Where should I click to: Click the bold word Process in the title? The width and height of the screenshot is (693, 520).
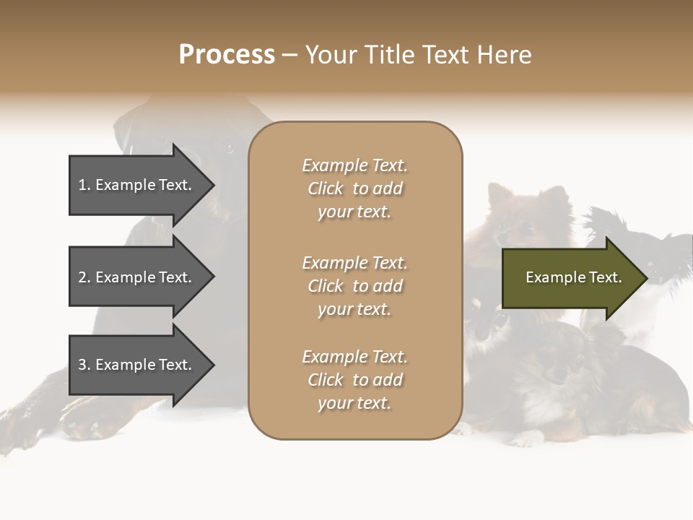(227, 55)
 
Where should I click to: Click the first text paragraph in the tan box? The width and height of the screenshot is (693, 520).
(354, 188)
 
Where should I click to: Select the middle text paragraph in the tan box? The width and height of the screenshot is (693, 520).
(354, 286)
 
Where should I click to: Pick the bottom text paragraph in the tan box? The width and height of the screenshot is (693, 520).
(354, 380)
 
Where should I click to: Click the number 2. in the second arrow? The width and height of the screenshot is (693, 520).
(84, 277)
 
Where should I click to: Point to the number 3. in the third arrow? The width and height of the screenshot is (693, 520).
(84, 365)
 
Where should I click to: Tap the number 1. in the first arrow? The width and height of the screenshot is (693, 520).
(84, 185)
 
